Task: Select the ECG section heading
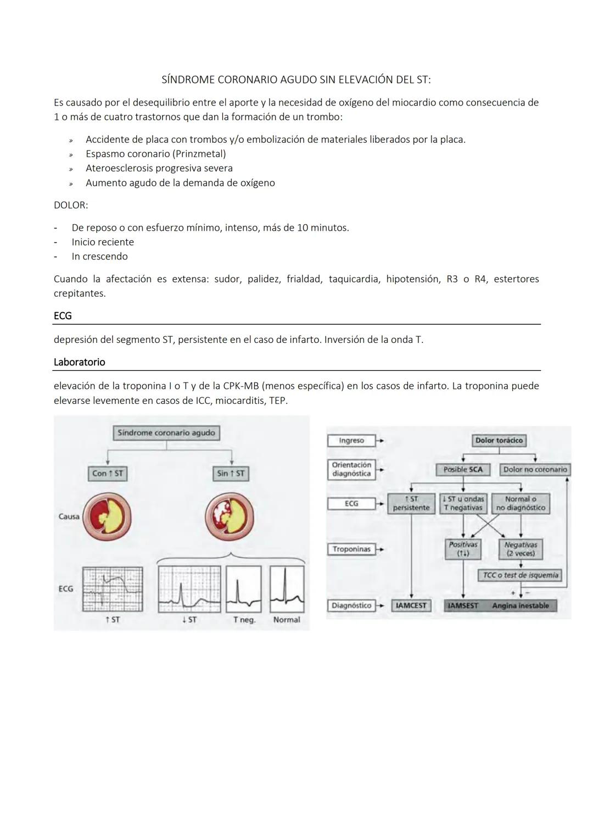click(x=63, y=316)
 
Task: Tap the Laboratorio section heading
click(x=79, y=362)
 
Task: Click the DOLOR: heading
click(x=70, y=205)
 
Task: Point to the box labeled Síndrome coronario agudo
click(x=166, y=433)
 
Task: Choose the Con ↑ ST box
click(x=108, y=473)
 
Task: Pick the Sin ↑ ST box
click(x=231, y=473)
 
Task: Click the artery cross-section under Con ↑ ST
click(x=107, y=516)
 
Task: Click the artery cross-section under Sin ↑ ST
click(x=230, y=516)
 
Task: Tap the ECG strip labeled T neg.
click(x=244, y=589)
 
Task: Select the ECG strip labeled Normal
click(x=287, y=589)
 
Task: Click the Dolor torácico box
click(x=499, y=440)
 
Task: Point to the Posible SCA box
click(x=463, y=469)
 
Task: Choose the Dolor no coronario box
click(x=535, y=469)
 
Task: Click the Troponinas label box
click(x=351, y=549)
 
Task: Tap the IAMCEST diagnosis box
click(x=411, y=605)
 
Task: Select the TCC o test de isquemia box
click(x=521, y=575)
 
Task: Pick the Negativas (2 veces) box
click(x=521, y=549)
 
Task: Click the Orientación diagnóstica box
click(x=351, y=469)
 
